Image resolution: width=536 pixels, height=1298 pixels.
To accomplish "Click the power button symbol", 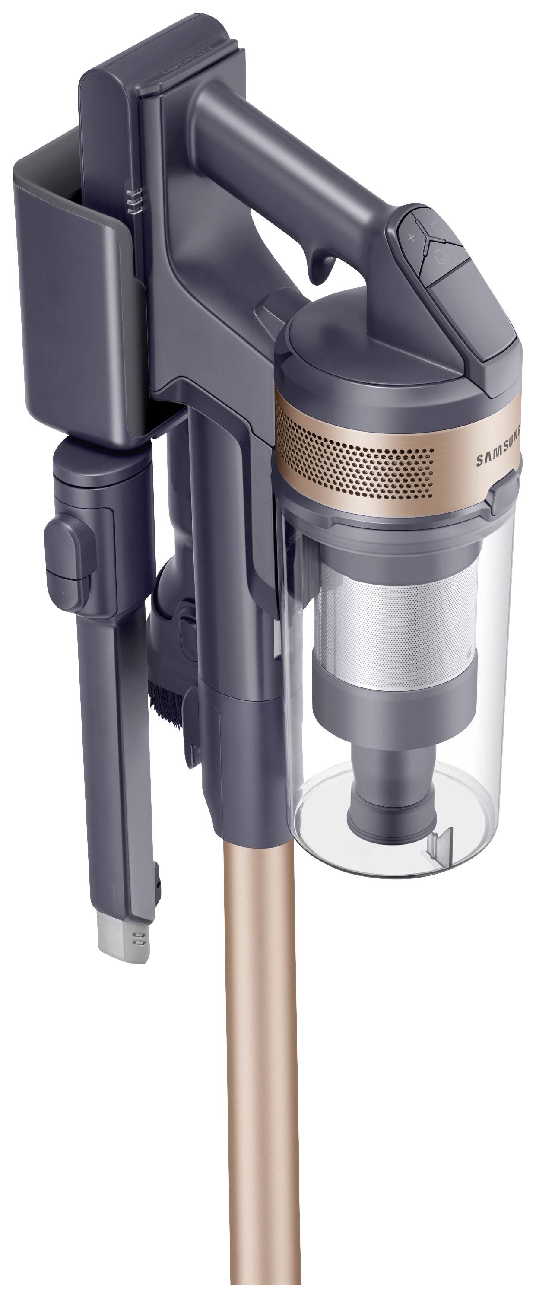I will [x=441, y=257].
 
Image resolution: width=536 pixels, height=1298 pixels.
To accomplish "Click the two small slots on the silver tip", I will [x=137, y=938].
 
